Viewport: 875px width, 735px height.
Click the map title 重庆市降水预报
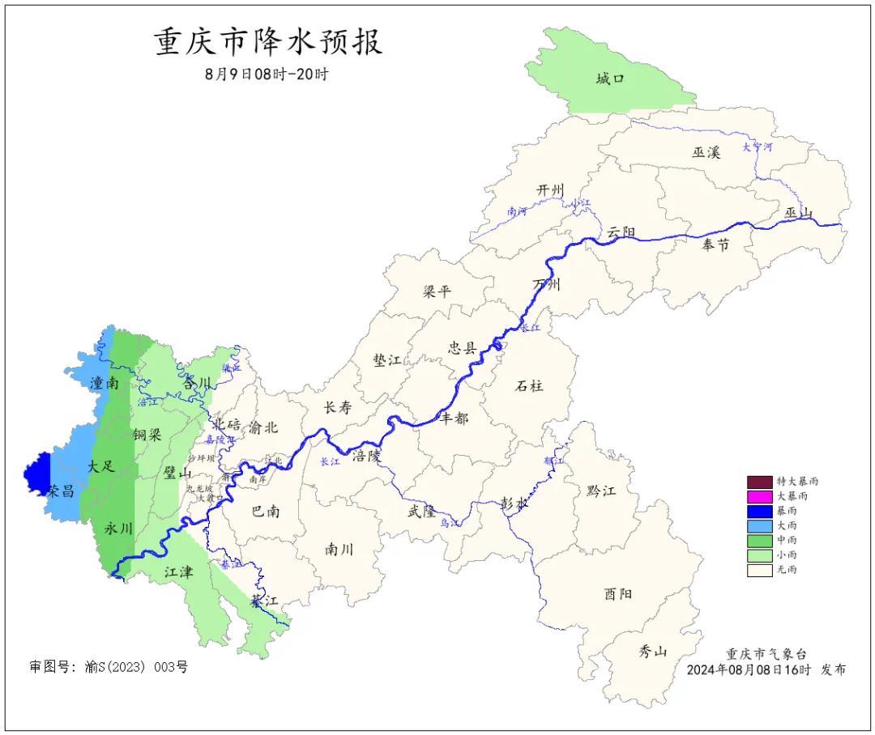pos(268,43)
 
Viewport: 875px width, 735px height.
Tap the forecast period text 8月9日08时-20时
pos(267,74)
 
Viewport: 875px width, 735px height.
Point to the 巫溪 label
pos(705,152)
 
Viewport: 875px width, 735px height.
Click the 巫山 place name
pos(798,213)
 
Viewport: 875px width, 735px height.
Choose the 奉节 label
pos(715,244)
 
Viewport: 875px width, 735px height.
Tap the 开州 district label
pos(549,189)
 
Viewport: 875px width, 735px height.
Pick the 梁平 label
pos(437,291)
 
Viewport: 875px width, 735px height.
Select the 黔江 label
pos(600,491)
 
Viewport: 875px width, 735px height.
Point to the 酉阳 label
pos(617,593)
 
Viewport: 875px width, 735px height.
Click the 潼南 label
pos(105,381)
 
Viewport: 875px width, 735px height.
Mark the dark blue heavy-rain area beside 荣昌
pos(36,471)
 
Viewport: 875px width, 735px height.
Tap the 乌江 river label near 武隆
pos(450,524)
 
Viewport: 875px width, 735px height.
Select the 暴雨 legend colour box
pos(759,511)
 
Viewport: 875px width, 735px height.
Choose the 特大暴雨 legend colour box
pos(759,482)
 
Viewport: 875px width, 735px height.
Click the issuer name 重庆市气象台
pos(766,654)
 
